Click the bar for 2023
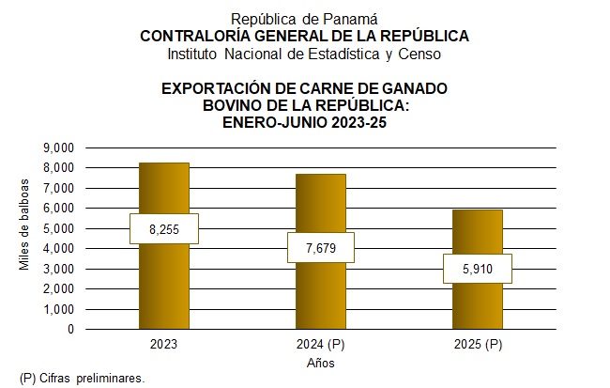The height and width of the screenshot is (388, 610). point(163,282)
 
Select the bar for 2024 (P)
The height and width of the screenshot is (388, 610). point(320,291)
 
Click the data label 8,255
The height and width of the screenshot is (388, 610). point(163,228)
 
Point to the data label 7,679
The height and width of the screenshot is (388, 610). point(320,247)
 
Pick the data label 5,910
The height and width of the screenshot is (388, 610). point(478,270)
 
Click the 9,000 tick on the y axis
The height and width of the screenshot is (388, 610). point(59,148)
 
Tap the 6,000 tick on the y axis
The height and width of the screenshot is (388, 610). point(59,209)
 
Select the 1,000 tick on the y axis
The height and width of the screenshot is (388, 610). point(59,309)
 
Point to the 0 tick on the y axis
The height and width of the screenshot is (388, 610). point(70,330)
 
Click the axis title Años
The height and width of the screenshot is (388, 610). point(320,363)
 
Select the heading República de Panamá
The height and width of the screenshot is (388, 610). point(304,19)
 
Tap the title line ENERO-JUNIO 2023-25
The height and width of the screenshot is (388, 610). point(304,121)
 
